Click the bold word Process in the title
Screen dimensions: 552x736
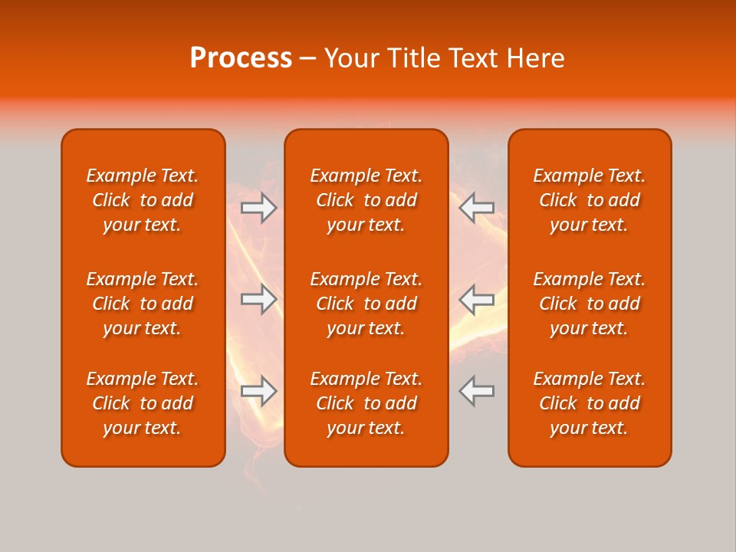tap(241, 58)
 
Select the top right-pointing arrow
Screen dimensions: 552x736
tap(259, 208)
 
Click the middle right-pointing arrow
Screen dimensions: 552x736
tap(259, 299)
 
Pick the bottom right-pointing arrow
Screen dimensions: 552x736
tap(259, 391)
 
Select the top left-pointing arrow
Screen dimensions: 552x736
tap(477, 208)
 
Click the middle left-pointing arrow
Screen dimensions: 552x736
tap(477, 299)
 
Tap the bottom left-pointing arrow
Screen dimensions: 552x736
tap(477, 391)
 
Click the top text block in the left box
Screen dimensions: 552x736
tap(143, 200)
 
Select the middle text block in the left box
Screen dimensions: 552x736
tap(143, 304)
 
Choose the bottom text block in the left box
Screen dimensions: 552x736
tap(143, 403)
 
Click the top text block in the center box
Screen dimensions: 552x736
tap(366, 200)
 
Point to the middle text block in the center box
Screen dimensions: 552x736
tap(366, 304)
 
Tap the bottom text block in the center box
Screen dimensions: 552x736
tap(366, 403)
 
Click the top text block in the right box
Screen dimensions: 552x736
tap(589, 200)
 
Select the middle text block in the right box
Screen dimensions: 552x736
tap(589, 304)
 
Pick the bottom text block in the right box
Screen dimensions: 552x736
tap(589, 403)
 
